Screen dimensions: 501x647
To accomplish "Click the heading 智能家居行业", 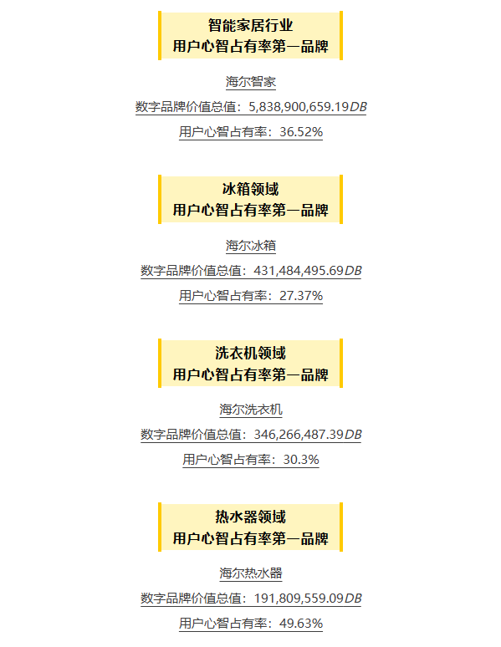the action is pyautogui.click(x=250, y=25).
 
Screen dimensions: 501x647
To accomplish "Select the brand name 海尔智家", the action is pyautogui.click(x=251, y=82).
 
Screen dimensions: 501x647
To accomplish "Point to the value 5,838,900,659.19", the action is pyautogui.click(x=299, y=107).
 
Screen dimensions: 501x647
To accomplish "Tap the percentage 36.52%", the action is pyautogui.click(x=301, y=132).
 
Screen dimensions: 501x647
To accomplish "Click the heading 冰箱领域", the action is pyautogui.click(x=250, y=189).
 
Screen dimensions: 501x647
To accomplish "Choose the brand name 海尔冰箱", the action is pyautogui.click(x=251, y=246).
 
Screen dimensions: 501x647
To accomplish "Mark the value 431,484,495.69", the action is pyautogui.click(x=299, y=271).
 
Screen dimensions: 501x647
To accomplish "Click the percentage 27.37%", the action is pyautogui.click(x=301, y=296).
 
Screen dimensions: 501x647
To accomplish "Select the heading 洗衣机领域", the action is pyautogui.click(x=250, y=353).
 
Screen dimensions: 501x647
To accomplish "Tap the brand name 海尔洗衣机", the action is pyautogui.click(x=251, y=410).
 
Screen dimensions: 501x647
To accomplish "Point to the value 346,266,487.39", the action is pyautogui.click(x=299, y=435).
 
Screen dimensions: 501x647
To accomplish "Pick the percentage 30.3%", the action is pyautogui.click(x=301, y=460).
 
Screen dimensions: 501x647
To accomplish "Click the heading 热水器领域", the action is pyautogui.click(x=250, y=517).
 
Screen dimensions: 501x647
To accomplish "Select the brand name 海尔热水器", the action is pyautogui.click(x=251, y=573).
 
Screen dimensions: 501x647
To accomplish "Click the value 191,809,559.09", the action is pyautogui.click(x=299, y=599).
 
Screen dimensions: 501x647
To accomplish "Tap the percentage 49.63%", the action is pyautogui.click(x=301, y=624).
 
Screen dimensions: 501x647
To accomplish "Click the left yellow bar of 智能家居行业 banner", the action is pyautogui.click(x=160, y=35).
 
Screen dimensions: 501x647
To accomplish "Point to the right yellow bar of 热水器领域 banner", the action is pyautogui.click(x=341, y=527).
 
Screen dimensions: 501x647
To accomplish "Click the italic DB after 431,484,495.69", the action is pyautogui.click(x=353, y=271).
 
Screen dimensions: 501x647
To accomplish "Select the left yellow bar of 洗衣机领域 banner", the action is pyautogui.click(x=160, y=363).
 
